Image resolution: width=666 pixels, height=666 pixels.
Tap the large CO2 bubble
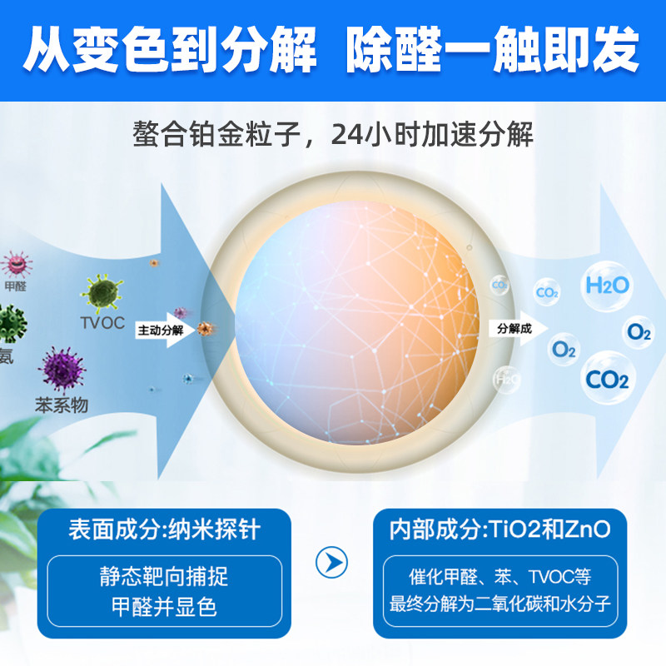click(x=607, y=380)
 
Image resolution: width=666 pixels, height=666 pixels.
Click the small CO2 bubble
click(x=547, y=292)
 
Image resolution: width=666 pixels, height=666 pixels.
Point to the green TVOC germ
click(x=102, y=292)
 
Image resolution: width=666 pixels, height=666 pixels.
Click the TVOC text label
click(x=102, y=323)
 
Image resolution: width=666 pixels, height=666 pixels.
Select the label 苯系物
click(x=61, y=405)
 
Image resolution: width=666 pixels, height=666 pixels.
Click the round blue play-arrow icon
click(x=331, y=564)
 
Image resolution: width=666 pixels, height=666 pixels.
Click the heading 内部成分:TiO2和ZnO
click(x=500, y=528)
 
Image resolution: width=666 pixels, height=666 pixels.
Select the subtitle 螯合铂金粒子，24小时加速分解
click(x=333, y=135)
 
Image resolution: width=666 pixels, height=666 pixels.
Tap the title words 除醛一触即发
click(x=492, y=52)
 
